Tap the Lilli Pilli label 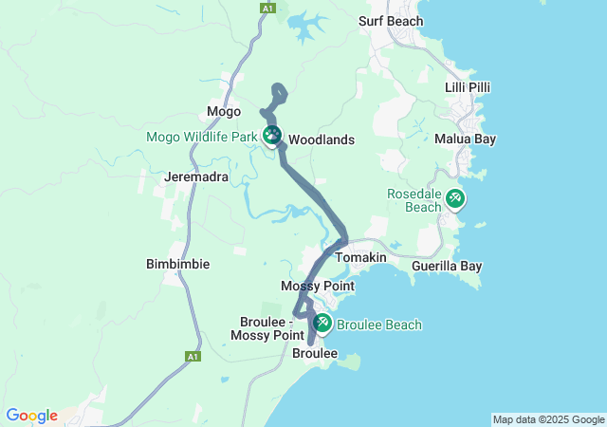(468, 87)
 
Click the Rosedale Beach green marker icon (456, 198)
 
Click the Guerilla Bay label (447, 267)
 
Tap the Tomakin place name (359, 257)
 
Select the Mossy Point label (317, 286)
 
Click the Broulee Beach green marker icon (322, 325)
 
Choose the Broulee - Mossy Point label (267, 328)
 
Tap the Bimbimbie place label (177, 263)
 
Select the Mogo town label (224, 112)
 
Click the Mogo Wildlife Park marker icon (272, 136)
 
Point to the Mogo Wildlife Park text (202, 137)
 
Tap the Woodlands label (321, 139)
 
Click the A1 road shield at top (267, 8)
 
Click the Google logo (31, 416)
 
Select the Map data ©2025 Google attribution (548, 419)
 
